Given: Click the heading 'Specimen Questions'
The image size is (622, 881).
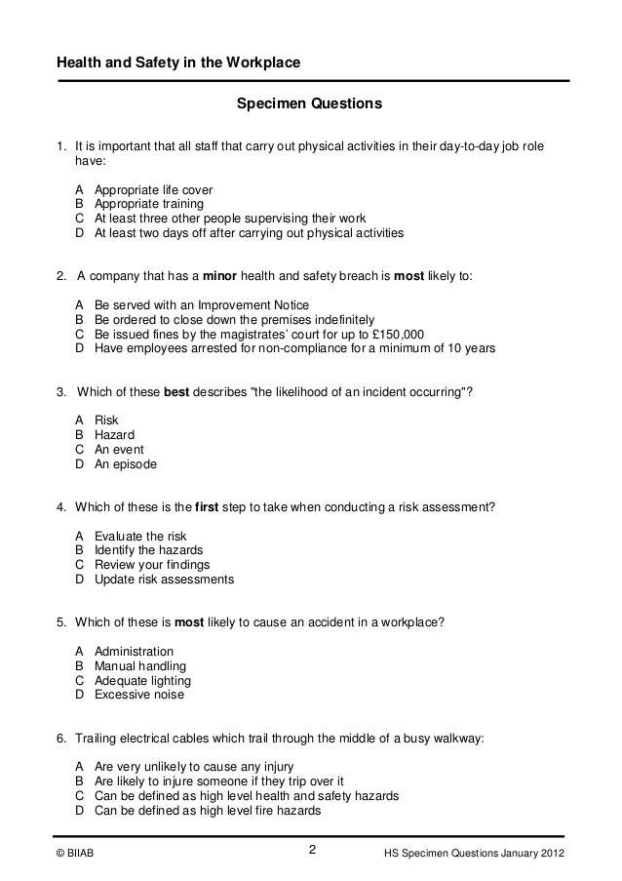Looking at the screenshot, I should [310, 102].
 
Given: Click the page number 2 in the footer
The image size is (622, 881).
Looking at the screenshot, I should [312, 850].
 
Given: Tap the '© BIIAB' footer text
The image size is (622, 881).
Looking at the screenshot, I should [76, 856].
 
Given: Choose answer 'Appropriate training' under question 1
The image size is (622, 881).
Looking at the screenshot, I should [149, 204].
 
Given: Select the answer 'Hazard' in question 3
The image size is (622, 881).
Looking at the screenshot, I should [114, 434].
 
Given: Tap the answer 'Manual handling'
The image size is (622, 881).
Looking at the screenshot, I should [139, 666].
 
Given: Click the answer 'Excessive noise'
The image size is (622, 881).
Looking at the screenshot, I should [139, 696].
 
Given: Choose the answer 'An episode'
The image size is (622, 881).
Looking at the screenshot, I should [126, 464].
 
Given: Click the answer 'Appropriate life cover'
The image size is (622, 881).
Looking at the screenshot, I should [153, 189].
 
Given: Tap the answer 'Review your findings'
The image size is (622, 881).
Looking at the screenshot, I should [152, 565].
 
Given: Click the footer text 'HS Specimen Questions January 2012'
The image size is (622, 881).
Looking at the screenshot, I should [477, 856].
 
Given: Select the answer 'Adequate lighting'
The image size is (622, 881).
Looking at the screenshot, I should [142, 681].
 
